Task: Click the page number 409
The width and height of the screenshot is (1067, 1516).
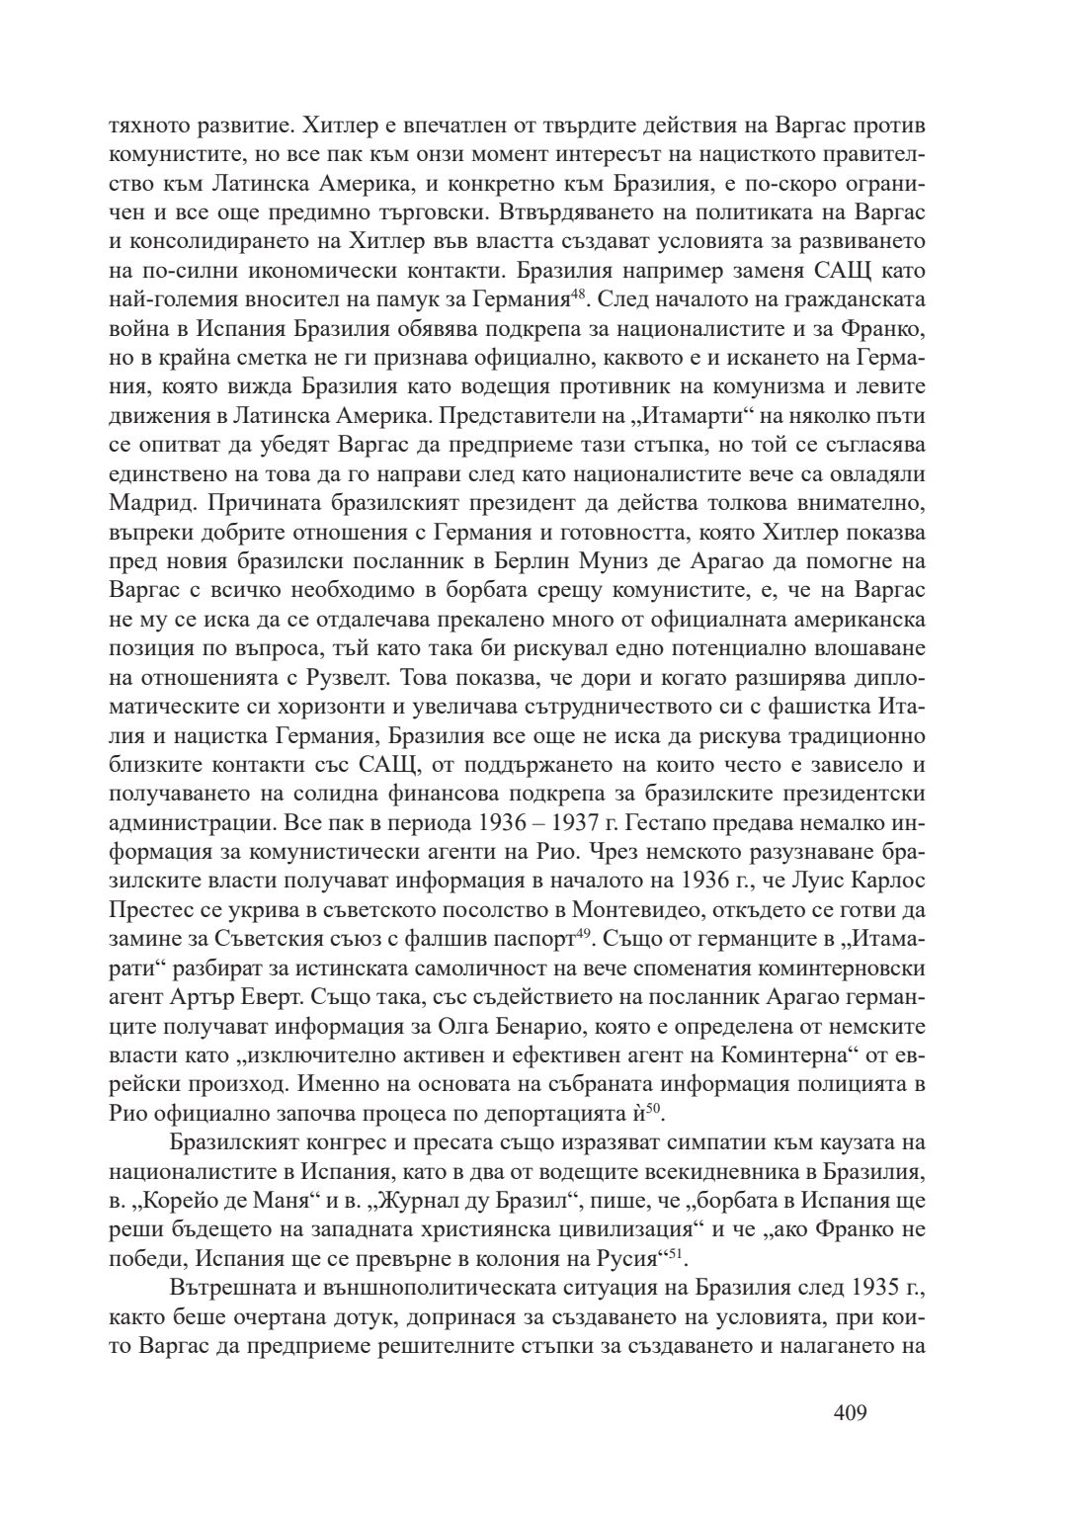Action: [x=850, y=1413]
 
